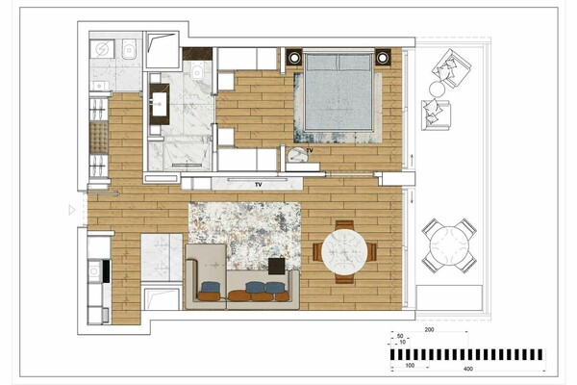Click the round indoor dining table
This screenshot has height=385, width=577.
click(x=344, y=251)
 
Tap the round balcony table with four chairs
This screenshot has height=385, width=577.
click(x=448, y=245)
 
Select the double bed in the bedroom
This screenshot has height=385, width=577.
click(x=339, y=92)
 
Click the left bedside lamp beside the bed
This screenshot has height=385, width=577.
click(x=294, y=58)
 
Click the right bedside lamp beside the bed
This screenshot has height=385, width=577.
click(x=383, y=58)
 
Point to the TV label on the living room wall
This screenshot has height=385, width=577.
click(x=259, y=185)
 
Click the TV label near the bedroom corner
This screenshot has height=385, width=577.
click(x=310, y=151)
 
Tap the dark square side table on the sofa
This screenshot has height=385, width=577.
click(x=277, y=266)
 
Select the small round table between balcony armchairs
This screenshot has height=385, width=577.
click(x=438, y=89)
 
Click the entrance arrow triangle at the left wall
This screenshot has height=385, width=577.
click(x=72, y=210)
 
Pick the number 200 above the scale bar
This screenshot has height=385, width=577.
click(x=429, y=330)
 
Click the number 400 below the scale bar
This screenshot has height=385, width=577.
click(x=468, y=369)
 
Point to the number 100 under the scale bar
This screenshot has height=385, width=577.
click(x=410, y=366)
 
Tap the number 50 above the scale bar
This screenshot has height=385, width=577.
click(x=400, y=336)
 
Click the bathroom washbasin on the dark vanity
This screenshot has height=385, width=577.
click(x=160, y=104)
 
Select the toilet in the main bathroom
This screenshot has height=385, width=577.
click(x=197, y=70)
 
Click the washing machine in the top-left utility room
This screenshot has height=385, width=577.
click(x=102, y=49)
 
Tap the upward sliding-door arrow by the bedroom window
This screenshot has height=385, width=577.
click(x=412, y=161)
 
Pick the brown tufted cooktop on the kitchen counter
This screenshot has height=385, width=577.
click(x=99, y=138)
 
